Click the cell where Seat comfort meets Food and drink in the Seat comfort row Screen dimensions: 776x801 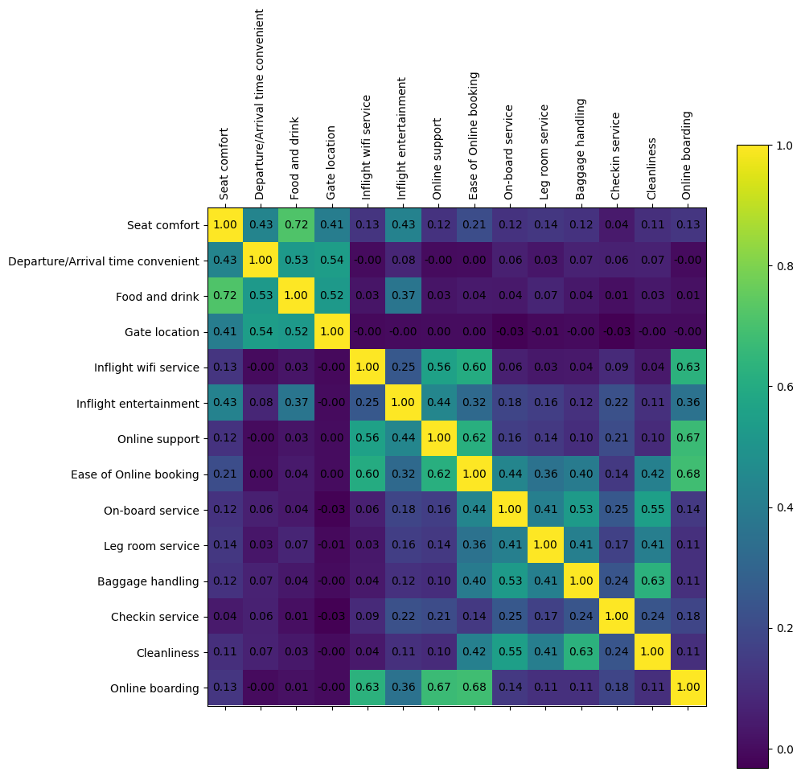coord(297,225)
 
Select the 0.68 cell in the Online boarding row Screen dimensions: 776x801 coord(474,688)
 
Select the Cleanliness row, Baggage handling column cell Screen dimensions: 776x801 coord(581,652)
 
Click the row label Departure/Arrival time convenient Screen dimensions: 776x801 coord(103,261)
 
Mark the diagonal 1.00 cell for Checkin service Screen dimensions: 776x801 coord(617,617)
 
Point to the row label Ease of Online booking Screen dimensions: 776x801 coord(135,474)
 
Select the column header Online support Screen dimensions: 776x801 coord(437,158)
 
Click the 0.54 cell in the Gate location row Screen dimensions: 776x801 coord(261,332)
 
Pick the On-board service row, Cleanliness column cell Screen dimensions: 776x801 coord(652,510)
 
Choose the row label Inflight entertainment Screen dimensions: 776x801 coord(138,403)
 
